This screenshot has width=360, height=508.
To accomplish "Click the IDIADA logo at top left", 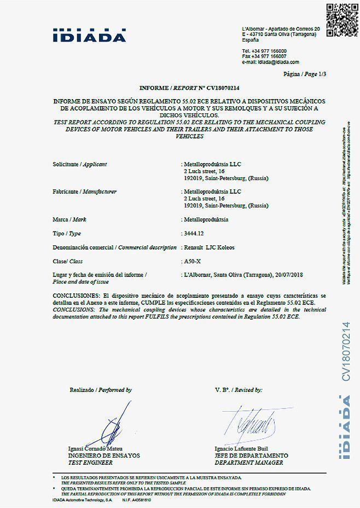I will click(89, 34).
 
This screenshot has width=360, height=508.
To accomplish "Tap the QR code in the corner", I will click(341, 20).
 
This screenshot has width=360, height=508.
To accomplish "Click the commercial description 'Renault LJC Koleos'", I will click(210, 247).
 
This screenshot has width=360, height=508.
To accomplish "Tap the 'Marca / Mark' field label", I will click(70, 220).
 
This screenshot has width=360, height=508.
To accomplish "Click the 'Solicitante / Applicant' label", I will click(79, 164).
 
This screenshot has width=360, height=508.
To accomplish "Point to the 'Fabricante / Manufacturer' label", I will click(84, 192).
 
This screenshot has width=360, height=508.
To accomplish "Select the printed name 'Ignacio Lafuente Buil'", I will click(241, 449).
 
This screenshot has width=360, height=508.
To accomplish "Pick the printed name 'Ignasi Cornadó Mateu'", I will click(95, 449).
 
